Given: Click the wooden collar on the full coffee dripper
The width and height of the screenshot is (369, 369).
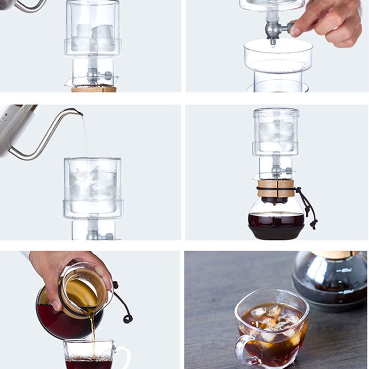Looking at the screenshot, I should [276, 188].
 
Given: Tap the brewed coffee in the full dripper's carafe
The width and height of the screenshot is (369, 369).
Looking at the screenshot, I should [276, 220].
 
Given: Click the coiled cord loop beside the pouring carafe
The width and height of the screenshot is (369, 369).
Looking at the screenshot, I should [127, 318].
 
